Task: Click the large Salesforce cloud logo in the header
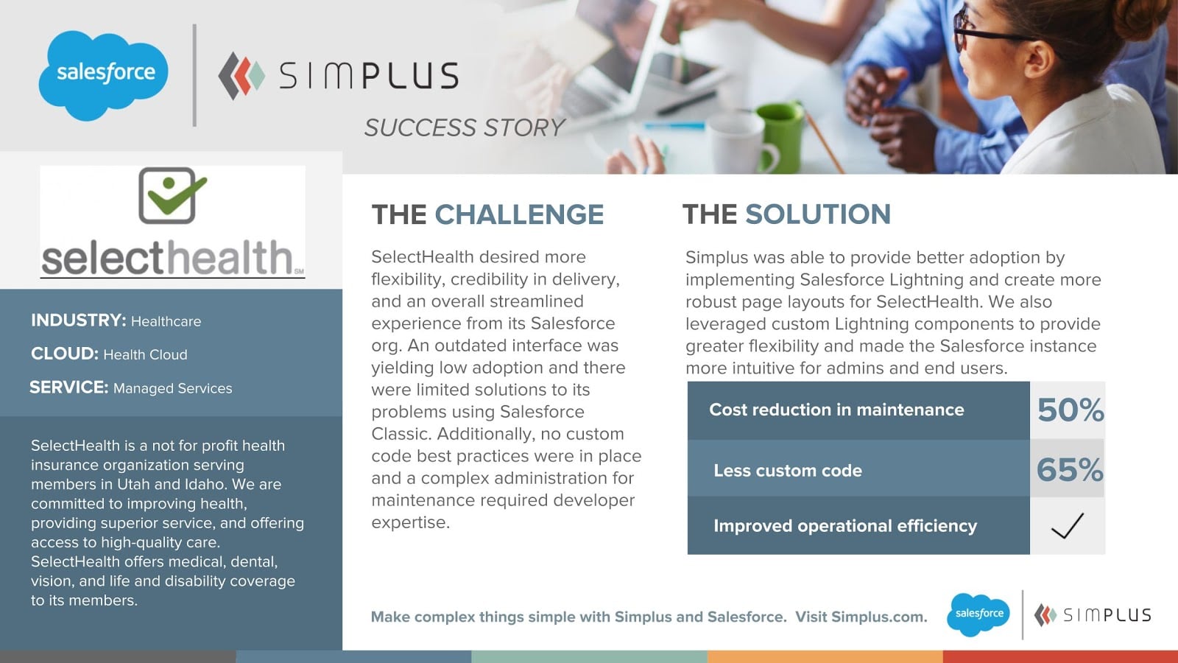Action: tap(104, 75)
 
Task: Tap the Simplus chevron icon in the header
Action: tap(241, 76)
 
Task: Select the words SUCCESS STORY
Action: tap(465, 128)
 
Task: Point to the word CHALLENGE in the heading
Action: tap(519, 214)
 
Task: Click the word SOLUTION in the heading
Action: tap(818, 214)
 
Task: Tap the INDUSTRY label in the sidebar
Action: tap(78, 320)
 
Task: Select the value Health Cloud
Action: tap(145, 354)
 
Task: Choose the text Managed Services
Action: tap(172, 388)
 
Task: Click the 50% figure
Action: tap(1071, 410)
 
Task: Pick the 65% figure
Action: tap(1070, 469)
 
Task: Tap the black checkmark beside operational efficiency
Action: tap(1068, 526)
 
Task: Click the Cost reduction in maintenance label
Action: tap(836, 410)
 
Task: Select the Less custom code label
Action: tap(787, 471)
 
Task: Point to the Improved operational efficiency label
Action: tap(845, 526)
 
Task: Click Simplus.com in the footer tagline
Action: tap(879, 617)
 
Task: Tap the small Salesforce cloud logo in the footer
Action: tap(978, 614)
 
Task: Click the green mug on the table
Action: tap(781, 137)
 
